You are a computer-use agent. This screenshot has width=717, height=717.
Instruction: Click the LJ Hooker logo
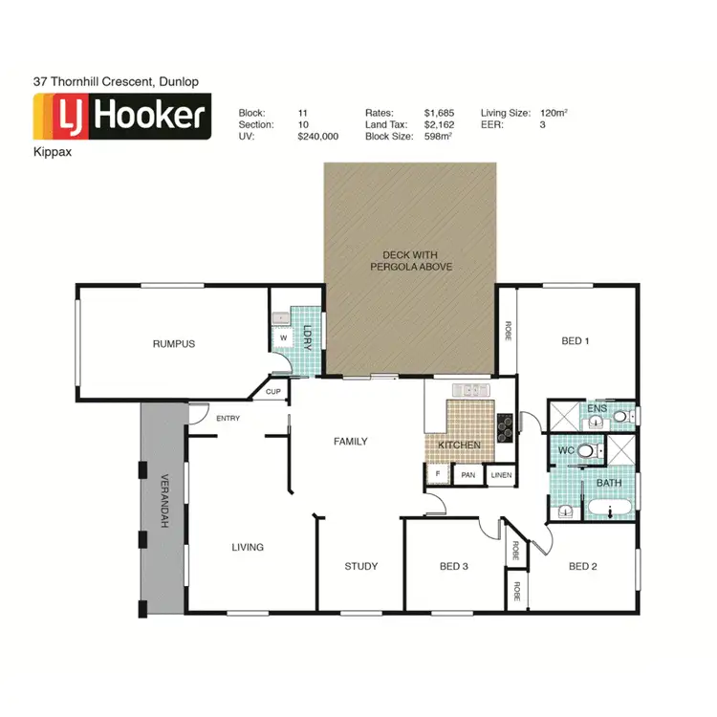(121, 117)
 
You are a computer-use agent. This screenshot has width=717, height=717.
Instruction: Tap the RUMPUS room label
(174, 343)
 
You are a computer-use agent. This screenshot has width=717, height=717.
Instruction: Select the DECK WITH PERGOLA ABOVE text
(411, 261)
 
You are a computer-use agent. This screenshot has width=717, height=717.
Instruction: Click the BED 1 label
(575, 341)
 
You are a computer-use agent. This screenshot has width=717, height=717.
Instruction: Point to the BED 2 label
(582, 566)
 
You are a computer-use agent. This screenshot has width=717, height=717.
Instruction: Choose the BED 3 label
(453, 566)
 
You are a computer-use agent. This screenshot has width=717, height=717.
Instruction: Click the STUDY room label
(360, 566)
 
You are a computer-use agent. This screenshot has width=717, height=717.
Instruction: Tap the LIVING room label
(247, 547)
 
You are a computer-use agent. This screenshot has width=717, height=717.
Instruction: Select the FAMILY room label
(350, 441)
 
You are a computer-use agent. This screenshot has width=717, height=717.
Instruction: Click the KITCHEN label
(458, 445)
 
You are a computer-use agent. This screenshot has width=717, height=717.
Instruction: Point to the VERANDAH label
(163, 501)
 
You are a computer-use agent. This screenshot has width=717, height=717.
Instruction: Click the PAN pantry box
(468, 474)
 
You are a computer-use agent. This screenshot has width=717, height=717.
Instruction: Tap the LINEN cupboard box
(500, 474)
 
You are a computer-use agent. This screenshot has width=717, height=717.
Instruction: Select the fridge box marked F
(438, 474)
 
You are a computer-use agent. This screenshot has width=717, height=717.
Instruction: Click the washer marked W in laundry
(283, 338)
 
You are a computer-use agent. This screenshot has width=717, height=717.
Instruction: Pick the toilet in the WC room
(585, 448)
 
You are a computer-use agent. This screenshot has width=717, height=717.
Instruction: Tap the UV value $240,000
(318, 137)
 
